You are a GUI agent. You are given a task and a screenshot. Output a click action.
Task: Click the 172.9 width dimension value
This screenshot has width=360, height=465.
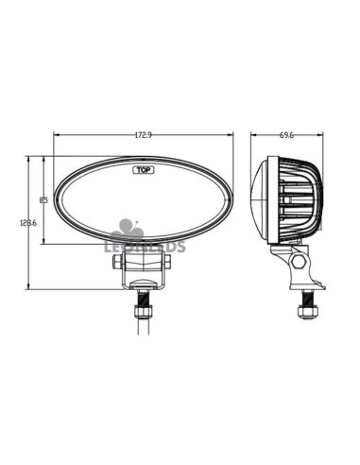click(x=143, y=135)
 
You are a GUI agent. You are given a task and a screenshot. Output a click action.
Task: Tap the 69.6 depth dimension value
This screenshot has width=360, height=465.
click(x=286, y=135)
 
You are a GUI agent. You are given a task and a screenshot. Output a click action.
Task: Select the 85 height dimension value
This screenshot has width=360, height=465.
click(x=43, y=199)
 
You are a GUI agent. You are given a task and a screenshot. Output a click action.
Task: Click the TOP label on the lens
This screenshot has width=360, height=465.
click(x=143, y=170)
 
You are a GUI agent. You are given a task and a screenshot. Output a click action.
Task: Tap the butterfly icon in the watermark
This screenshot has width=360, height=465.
click(x=127, y=230)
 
